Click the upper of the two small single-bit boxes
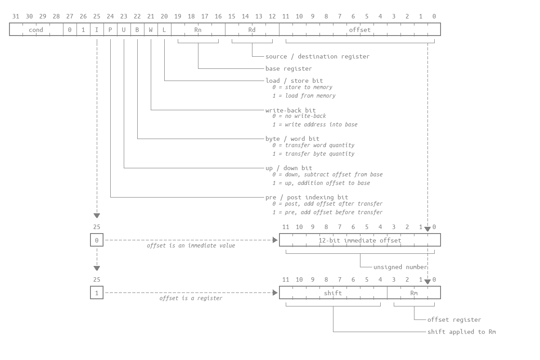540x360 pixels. click(97, 240)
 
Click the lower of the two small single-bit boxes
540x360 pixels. click(97, 292)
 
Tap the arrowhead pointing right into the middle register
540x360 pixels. click(275, 240)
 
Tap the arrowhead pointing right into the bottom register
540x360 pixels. click(275, 292)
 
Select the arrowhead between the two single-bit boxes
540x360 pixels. click(97, 268)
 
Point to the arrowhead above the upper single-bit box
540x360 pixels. click(97, 216)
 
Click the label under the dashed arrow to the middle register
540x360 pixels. click(191, 245)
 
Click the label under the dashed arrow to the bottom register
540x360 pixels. click(191, 298)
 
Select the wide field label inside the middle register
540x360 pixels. click(360, 240)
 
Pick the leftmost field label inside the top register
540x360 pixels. click(36, 29)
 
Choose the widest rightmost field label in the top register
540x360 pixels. click(360, 29)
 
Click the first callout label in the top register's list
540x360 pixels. click(318, 56)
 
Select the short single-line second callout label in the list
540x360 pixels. click(289, 68)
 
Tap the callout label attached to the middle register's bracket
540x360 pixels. click(400, 266)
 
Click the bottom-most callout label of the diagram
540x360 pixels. click(462, 332)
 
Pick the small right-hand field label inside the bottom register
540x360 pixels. click(414, 292)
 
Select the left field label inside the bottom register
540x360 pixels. click(333, 292)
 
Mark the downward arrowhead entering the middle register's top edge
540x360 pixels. click(427, 229)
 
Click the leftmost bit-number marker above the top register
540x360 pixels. click(16, 16)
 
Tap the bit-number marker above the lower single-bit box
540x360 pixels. click(97, 279)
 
